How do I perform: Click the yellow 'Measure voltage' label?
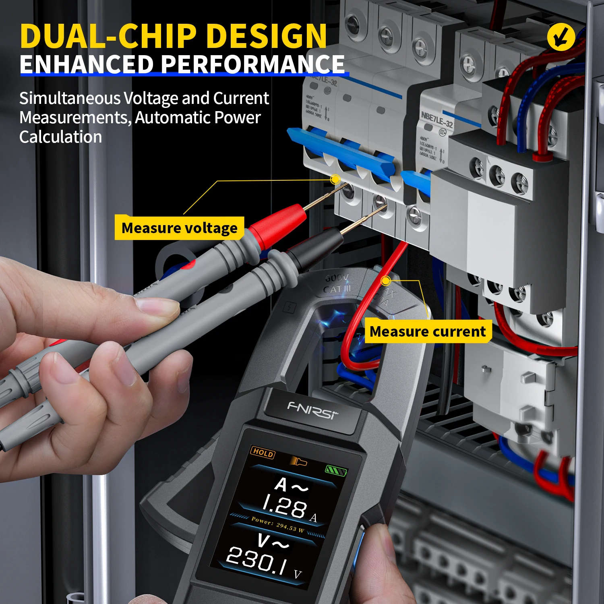tap(179, 228)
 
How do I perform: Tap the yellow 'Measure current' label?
tap(428, 331)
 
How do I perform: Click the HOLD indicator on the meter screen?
tap(263, 453)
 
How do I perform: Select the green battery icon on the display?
tap(335, 470)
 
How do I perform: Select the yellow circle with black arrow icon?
tap(561, 37)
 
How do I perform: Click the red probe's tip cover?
tap(277, 225)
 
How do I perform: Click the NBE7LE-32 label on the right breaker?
tap(437, 120)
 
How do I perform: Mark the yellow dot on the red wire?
tap(386, 280)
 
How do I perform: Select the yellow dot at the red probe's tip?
tap(335, 179)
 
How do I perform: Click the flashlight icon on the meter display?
tap(299, 461)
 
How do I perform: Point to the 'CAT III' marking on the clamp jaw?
tap(337, 289)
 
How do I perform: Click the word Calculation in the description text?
tap(60, 137)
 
